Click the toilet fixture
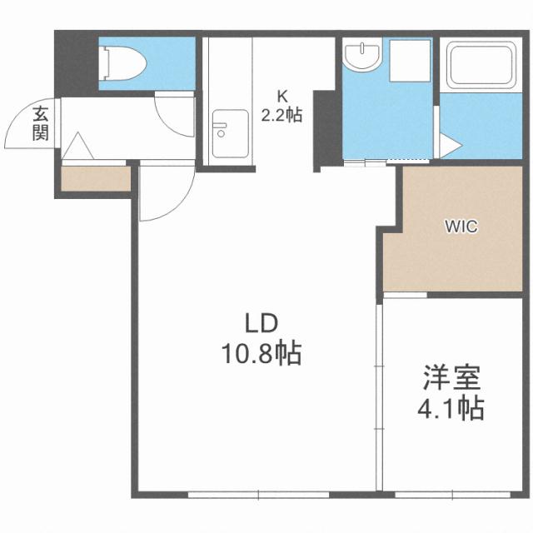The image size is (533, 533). (x=122, y=60)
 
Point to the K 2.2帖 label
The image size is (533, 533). (x=281, y=107)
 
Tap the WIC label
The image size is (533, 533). (x=461, y=227)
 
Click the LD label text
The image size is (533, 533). (x=259, y=323)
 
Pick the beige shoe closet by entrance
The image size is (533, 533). (x=95, y=178)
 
